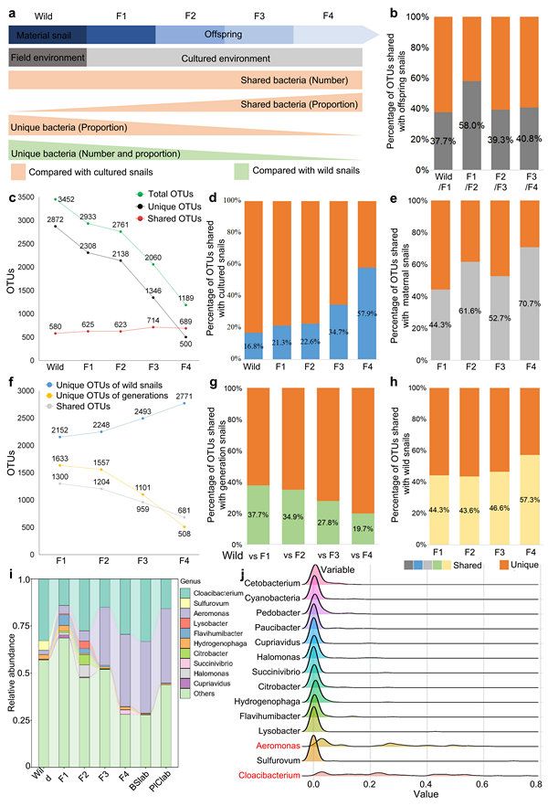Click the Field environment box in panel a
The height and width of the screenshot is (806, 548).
pos(47,57)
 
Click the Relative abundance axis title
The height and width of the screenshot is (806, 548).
pos(10,669)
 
